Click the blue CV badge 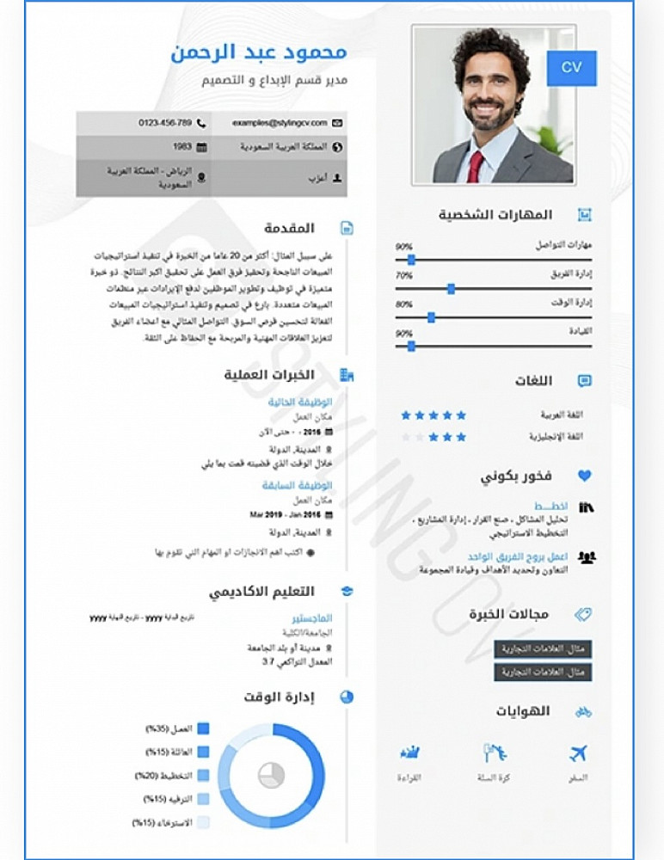pyautogui.click(x=571, y=67)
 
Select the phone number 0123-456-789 pyautogui.click(x=165, y=123)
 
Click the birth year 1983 pyautogui.click(x=182, y=147)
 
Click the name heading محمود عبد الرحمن pyautogui.click(x=271, y=52)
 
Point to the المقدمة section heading pyautogui.click(x=290, y=228)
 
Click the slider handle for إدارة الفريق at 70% pyautogui.click(x=451, y=289)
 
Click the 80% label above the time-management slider pyautogui.click(x=403, y=304)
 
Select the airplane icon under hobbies pyautogui.click(x=579, y=753)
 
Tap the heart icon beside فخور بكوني pyautogui.click(x=585, y=476)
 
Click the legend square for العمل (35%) pyautogui.click(x=204, y=728)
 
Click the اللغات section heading pyautogui.click(x=533, y=381)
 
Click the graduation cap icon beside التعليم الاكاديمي pyautogui.click(x=347, y=592)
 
